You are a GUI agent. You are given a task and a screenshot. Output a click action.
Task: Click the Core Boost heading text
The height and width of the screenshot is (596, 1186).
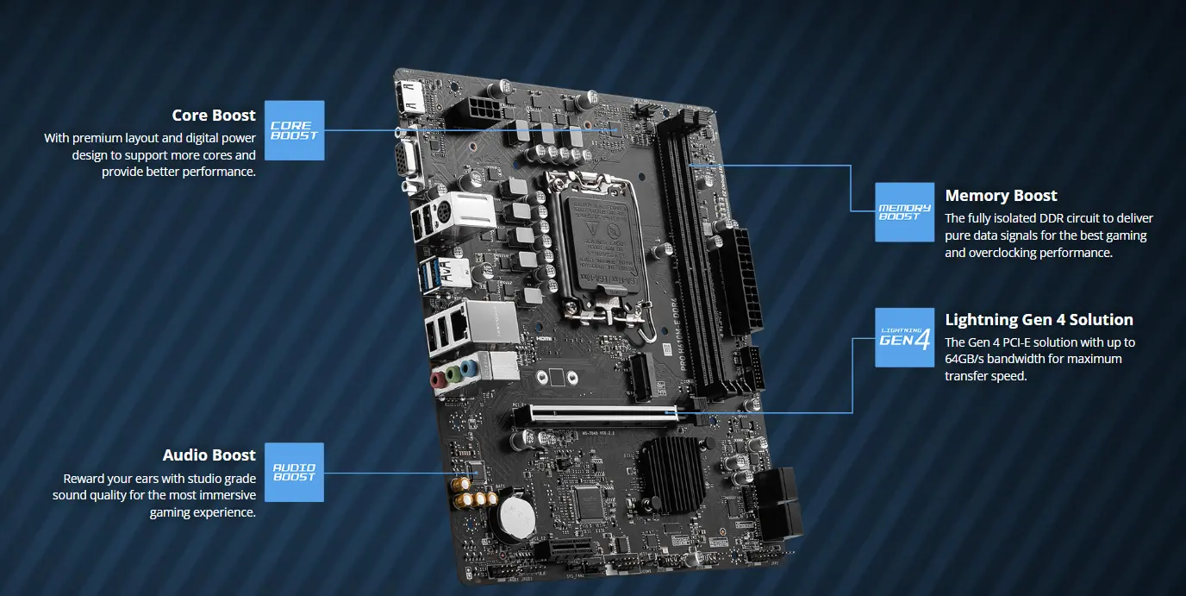[x=213, y=116]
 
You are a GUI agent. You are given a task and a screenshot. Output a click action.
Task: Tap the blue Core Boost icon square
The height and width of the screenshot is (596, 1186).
[x=294, y=130]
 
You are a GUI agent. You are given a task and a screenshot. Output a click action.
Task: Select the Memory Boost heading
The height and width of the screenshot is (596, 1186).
[x=1001, y=196]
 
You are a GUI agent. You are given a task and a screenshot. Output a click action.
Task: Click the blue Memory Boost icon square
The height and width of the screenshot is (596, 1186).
[x=904, y=212]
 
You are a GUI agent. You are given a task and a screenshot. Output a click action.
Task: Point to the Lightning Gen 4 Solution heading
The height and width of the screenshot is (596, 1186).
[x=1039, y=320]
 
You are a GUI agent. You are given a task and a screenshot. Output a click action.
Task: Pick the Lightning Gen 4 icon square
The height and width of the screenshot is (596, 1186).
[x=904, y=337]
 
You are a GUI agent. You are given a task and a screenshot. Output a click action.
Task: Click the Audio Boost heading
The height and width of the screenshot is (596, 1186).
[x=209, y=455]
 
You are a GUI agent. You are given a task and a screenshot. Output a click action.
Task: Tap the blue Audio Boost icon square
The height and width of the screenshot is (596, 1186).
[x=294, y=472]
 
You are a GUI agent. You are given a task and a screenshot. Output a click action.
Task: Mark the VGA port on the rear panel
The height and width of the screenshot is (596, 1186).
[x=407, y=160]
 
